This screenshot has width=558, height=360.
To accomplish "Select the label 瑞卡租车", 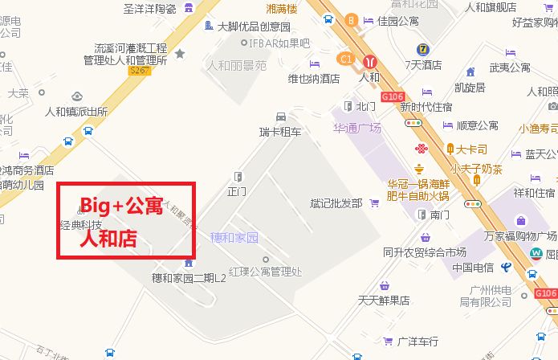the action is [280, 131].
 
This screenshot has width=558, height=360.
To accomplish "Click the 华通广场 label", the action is [357, 128].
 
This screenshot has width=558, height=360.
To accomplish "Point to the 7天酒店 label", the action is [423, 65].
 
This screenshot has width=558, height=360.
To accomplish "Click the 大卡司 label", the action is [472, 149].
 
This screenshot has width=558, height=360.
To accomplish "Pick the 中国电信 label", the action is [473, 268].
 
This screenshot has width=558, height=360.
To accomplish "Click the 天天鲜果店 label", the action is [384, 301].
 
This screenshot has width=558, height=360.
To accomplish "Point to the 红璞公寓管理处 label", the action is [264, 271].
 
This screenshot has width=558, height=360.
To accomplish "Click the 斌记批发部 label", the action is [336, 203].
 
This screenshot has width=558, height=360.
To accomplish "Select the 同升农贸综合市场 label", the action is [425, 252].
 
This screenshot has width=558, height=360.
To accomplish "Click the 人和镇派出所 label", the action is [76, 112].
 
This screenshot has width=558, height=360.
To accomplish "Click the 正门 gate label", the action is [236, 191].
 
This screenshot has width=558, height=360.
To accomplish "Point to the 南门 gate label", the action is [439, 215].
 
